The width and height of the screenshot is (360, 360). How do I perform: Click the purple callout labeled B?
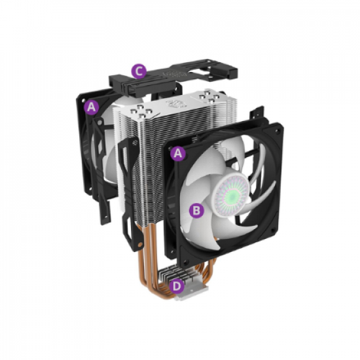194,210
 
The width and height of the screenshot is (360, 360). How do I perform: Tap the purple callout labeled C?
137,70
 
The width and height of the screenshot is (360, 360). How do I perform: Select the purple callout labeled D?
176,285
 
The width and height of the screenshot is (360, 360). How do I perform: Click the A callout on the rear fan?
91,105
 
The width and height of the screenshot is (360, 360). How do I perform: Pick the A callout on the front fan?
176,153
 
